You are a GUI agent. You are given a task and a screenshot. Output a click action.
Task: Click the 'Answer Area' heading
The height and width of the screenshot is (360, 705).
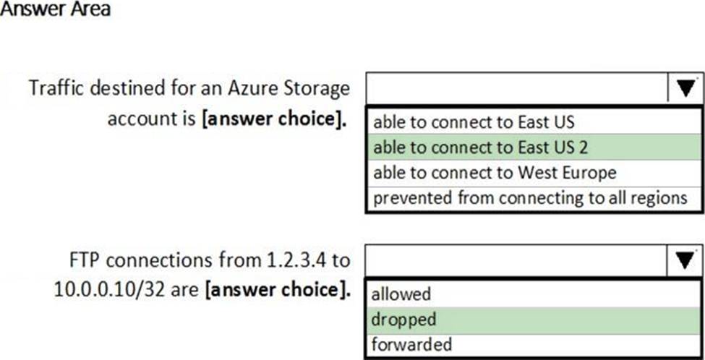tap(55, 9)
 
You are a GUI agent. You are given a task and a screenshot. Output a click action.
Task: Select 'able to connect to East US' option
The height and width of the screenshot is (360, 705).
tap(474, 121)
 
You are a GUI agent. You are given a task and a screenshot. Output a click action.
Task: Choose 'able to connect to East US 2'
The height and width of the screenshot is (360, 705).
tap(481, 147)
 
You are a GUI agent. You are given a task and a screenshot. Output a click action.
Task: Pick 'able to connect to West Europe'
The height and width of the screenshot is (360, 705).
tap(495, 172)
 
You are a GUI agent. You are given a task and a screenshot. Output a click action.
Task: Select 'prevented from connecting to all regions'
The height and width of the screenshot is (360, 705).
tap(530, 197)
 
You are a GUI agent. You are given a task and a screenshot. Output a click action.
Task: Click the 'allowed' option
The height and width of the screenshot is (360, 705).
tap(401, 294)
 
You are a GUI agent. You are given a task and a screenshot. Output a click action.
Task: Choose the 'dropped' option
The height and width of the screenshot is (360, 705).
tap(403, 320)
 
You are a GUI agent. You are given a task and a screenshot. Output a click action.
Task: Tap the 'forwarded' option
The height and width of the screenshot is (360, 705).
tap(411, 344)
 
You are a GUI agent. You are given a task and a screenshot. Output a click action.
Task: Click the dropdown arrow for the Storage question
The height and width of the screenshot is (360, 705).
tap(685, 88)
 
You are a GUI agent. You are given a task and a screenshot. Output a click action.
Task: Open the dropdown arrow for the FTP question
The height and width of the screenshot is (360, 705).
tap(685, 261)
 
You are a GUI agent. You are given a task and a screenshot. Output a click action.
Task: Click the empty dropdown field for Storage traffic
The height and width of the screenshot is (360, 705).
tap(517, 88)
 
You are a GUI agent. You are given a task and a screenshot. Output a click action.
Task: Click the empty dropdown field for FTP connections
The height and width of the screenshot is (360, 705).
tap(517, 261)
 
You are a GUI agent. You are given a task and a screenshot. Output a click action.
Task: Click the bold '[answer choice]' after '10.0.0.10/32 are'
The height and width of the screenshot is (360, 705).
tap(278, 290)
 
